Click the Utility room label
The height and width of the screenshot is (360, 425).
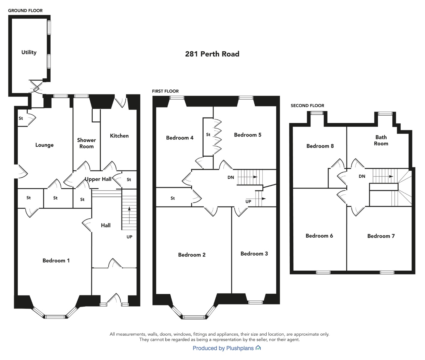point(29,52)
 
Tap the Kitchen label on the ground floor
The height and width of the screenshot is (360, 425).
point(119,136)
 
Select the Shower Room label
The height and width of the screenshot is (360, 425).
point(87,143)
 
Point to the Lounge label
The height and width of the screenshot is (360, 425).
point(44,145)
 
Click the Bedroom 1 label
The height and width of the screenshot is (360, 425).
point(56,261)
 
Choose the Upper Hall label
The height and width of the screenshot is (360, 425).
point(98,179)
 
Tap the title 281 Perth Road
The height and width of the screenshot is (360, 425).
point(212,54)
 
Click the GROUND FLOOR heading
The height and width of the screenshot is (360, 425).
point(25,10)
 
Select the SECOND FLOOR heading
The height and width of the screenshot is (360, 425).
point(307,106)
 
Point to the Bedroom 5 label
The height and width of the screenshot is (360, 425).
point(248,135)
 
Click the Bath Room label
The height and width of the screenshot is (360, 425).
point(381,140)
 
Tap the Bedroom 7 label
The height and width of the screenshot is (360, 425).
point(381,236)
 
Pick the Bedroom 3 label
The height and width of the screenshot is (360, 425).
point(254,253)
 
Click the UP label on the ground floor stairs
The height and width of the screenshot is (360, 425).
point(129,237)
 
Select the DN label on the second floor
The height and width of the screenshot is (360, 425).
point(362,176)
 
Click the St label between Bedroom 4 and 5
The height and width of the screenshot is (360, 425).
point(208,134)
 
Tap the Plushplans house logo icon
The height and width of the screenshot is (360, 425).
point(258,348)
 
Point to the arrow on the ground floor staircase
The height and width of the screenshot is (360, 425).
point(129,215)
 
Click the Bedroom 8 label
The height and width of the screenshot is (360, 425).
point(320,146)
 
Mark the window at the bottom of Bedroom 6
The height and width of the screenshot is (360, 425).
point(323,272)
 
